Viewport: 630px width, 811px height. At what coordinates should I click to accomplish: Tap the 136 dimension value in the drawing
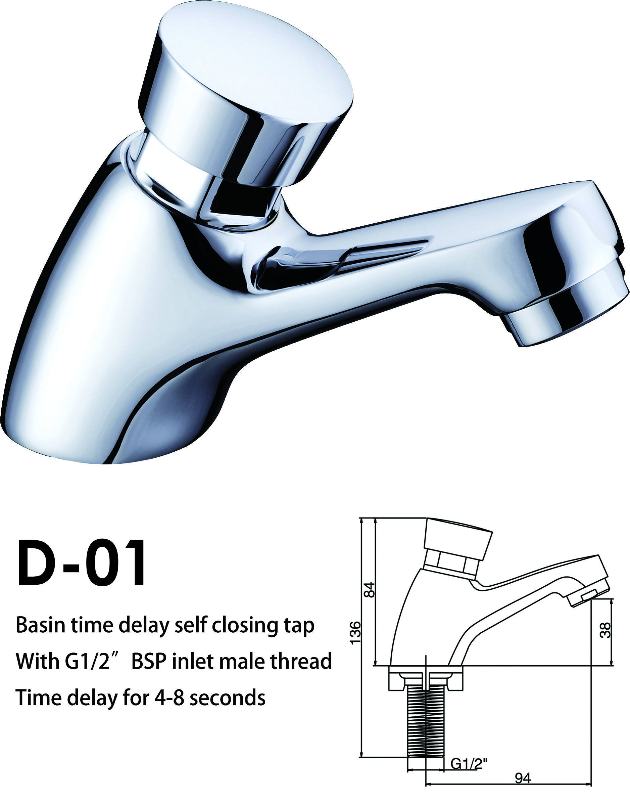[356, 633]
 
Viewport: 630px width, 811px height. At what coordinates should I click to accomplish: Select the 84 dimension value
[370, 590]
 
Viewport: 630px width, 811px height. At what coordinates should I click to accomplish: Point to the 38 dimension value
[605, 630]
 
